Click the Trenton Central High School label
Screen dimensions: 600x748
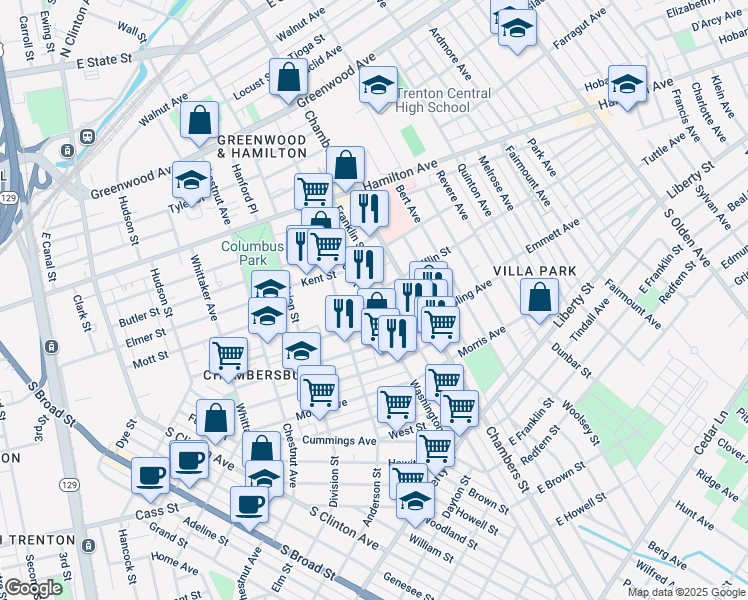point(443,101)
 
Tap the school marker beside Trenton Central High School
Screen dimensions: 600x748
point(379,86)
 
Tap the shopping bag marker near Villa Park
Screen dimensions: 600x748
point(539,297)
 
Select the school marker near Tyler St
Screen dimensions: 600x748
point(189,181)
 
